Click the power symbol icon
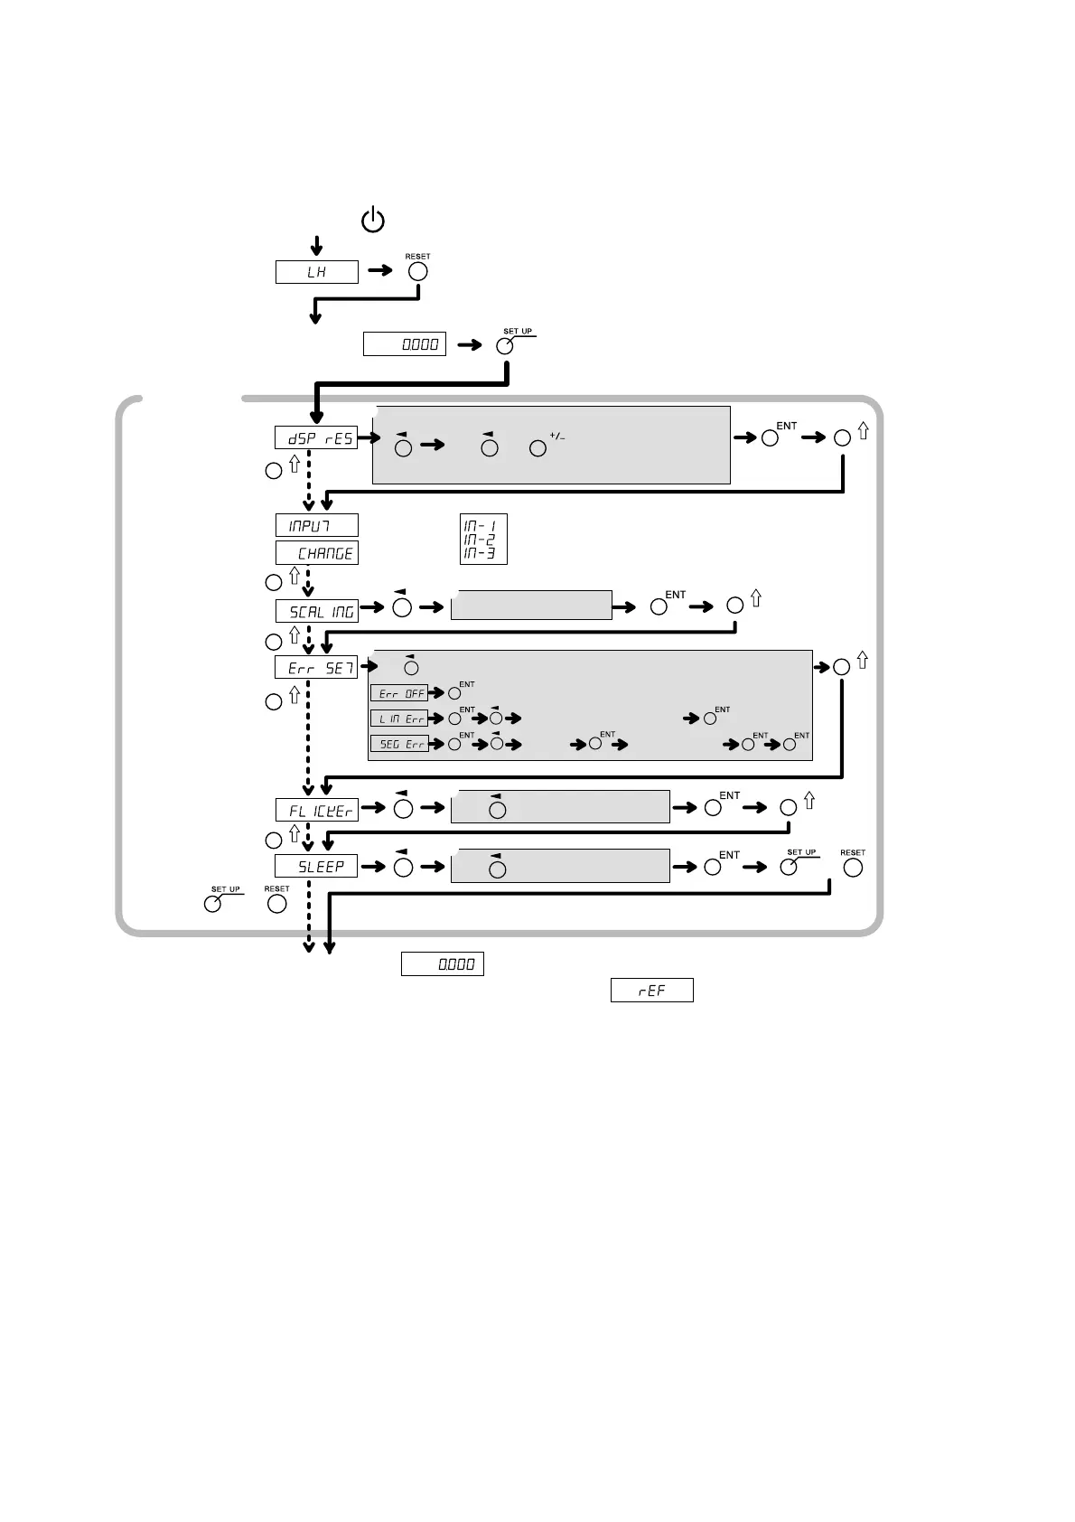pos(373,221)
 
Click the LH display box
pos(316,272)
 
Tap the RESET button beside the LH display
pos(417,271)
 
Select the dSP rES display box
pos(316,438)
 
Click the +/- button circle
pos(538,447)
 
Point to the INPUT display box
pos(316,526)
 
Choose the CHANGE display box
pos(316,553)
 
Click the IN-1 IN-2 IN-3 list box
pos(482,540)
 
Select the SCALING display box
pos(316,612)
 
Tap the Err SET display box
pos(316,668)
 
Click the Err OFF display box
pos(398,693)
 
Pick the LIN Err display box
pos(398,719)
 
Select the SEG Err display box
pos(398,744)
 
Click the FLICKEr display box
pos(316,810)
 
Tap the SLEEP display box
pos(316,867)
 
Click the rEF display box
pos(651,991)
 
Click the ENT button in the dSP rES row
pos(770,438)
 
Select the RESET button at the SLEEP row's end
pos(852,868)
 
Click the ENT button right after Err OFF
pos(454,694)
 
